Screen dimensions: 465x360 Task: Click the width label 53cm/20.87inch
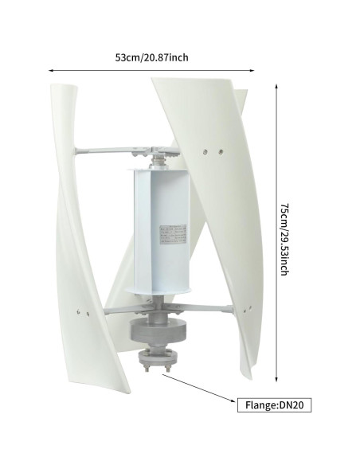[151, 57]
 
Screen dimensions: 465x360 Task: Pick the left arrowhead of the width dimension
[53, 70]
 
